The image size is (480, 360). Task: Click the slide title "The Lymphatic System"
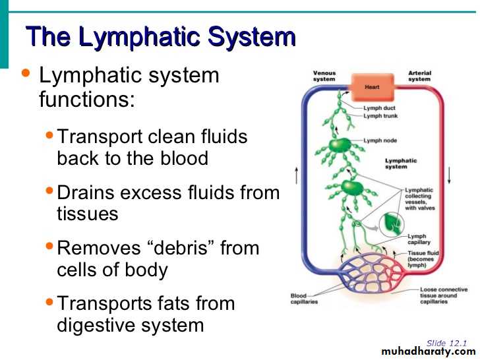(x=160, y=37)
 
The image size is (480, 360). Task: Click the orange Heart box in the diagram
(x=373, y=87)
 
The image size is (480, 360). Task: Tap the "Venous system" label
(x=324, y=76)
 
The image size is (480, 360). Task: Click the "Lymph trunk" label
(x=382, y=116)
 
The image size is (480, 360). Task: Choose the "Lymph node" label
(x=381, y=140)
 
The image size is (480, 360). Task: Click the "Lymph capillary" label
(x=417, y=239)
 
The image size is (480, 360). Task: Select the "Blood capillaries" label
(x=305, y=299)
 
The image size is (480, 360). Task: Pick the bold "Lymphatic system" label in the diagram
(x=401, y=164)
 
